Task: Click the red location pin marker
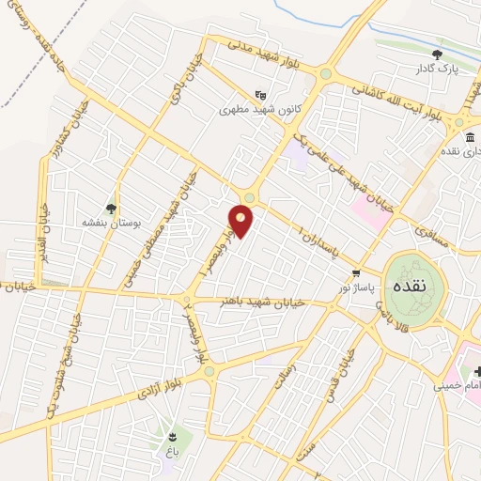tap(241, 220)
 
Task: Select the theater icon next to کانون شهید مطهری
tap(261, 94)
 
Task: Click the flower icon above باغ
tap(172, 437)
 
